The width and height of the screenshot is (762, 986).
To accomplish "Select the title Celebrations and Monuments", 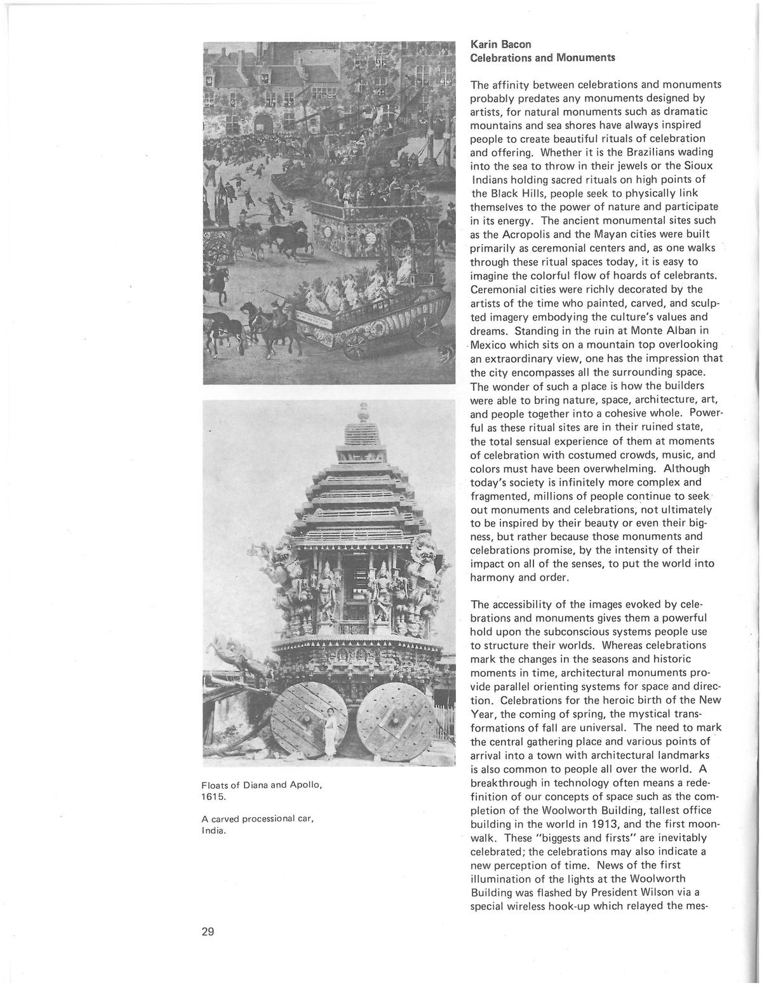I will pos(542,58).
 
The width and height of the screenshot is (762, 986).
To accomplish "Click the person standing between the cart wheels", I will pos(330,733).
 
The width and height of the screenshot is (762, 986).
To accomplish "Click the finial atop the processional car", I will pos(363,411).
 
